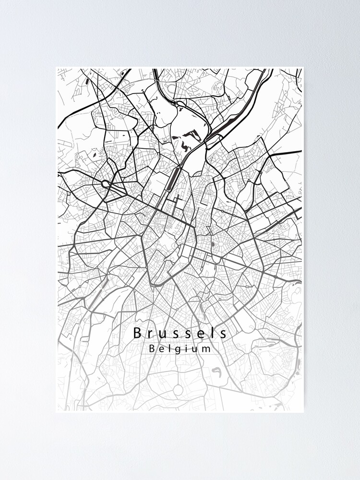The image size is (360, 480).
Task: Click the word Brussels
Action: coord(180,332)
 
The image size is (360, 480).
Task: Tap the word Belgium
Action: coord(180,349)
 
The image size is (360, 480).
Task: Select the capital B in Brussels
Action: coord(137,332)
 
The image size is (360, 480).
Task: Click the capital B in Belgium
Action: coord(152,349)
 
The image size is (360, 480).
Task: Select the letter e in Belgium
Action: coord(161,350)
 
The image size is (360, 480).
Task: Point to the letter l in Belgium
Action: coord(168,349)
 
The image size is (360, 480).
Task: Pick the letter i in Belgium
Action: coord(184,349)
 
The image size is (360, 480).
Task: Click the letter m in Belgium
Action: coord(205,350)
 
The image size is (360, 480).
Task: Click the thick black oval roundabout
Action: coord(105,183)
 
